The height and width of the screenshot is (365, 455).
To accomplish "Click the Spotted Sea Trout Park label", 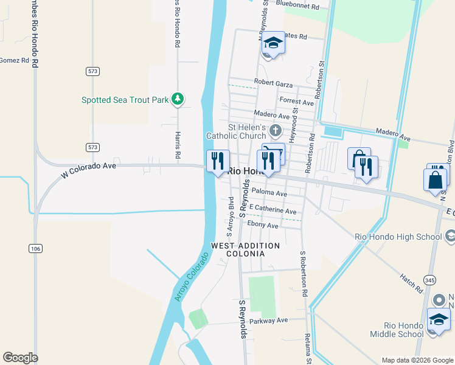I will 125,99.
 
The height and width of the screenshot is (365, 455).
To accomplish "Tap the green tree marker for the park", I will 178,99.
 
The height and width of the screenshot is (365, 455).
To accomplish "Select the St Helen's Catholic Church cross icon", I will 276,130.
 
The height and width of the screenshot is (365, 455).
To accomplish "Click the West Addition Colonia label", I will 245,250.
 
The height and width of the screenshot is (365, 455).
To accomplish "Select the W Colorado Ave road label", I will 88,170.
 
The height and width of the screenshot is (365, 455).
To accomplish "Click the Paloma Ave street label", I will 269,193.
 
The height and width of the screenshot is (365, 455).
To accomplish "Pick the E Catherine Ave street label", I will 273,210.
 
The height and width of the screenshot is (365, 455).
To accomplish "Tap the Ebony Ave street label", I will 262,226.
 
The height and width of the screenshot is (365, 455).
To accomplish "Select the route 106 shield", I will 35,248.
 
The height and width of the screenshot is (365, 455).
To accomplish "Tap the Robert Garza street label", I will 273,84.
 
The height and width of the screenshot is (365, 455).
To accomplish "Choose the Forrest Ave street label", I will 296,102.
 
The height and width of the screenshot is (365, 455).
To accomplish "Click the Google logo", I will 20,358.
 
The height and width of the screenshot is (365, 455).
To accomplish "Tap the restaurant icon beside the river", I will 218,161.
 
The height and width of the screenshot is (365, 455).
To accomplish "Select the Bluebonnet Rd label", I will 297,6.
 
